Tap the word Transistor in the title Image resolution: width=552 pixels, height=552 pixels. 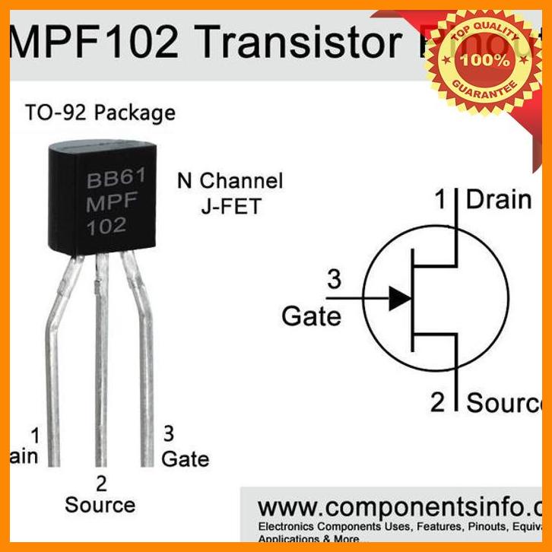pyautogui.click(x=297, y=44)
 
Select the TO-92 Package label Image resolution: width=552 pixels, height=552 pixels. pyautogui.click(x=100, y=113)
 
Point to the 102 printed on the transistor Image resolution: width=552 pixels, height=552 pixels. pyautogui.click(x=106, y=226)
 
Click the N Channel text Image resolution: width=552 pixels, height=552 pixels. pyautogui.click(x=230, y=181)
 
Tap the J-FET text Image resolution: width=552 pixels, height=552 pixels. pyautogui.click(x=230, y=206)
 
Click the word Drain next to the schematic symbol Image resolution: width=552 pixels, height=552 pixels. pyautogui.click(x=498, y=200)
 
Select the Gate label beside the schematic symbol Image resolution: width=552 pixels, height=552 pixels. pyautogui.click(x=312, y=315)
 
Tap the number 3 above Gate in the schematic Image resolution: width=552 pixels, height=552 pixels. pyautogui.click(x=334, y=280)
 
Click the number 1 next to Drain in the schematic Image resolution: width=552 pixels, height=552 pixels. pyautogui.click(x=440, y=200)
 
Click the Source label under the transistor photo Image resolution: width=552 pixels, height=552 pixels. pyautogui.click(x=100, y=504)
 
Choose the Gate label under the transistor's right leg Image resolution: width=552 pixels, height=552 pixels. pyautogui.click(x=185, y=458)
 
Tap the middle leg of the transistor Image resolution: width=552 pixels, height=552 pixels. pyautogui.click(x=100, y=365)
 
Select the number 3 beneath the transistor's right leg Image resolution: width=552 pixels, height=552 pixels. pyautogui.click(x=169, y=433)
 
